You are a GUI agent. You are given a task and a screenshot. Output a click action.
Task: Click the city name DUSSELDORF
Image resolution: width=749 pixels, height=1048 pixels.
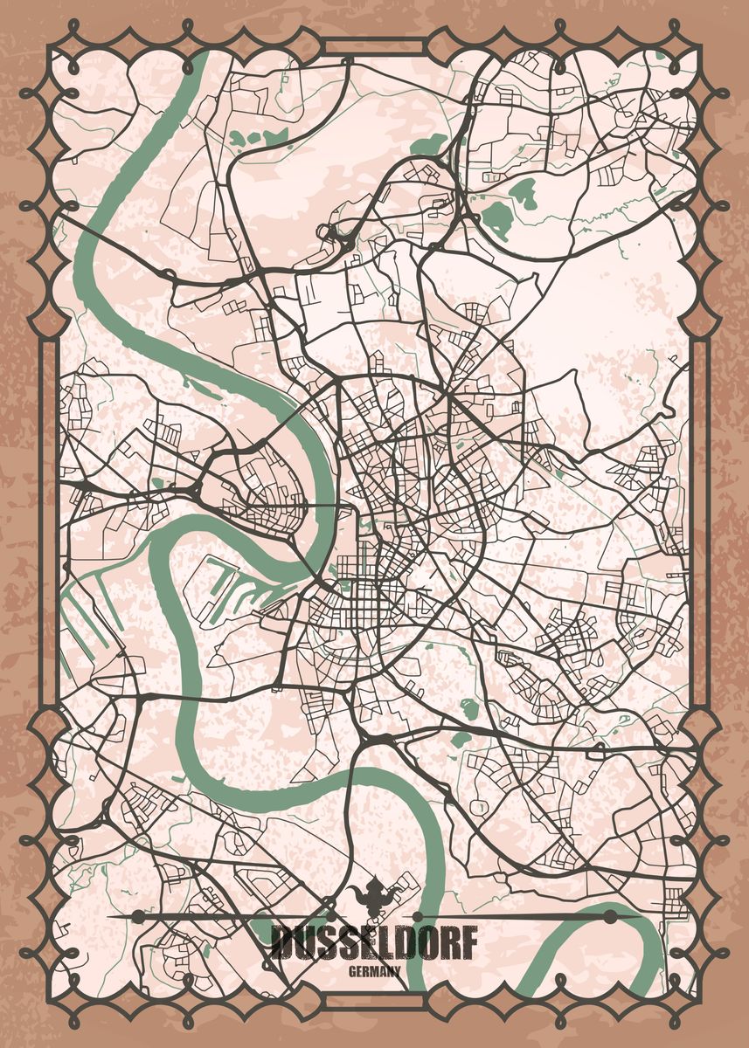374,943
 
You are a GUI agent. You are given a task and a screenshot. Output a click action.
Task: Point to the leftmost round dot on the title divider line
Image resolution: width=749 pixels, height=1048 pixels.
137,915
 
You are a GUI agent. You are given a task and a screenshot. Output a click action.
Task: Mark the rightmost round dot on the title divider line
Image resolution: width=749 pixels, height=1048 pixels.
609,915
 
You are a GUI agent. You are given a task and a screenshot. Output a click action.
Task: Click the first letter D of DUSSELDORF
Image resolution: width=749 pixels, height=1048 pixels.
281,943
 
